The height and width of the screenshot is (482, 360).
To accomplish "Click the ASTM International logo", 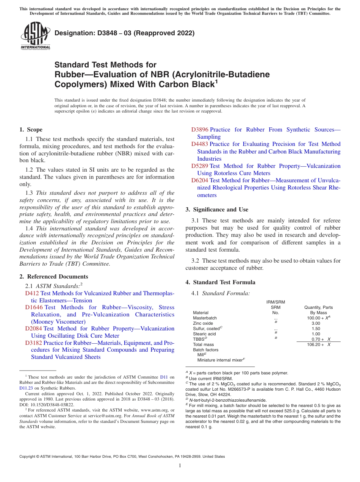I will pyautogui.click(x=35, y=36).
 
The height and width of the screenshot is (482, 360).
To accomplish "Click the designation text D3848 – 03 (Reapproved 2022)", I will pyautogui.click(x=125, y=33).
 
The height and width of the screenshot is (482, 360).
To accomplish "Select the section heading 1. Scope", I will pyautogui.click(x=31, y=130).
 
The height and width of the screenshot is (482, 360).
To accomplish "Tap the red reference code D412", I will pyautogui.click(x=32, y=293).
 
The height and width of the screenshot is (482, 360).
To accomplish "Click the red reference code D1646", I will pyautogui.click(x=34, y=307).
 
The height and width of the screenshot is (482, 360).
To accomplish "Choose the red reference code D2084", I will pyautogui.click(x=33, y=329).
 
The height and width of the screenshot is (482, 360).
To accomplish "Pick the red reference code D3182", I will pyautogui.click(x=33, y=343).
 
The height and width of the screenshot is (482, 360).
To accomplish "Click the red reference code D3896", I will pyautogui.click(x=200, y=130).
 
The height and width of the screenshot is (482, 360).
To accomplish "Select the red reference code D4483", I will pyautogui.click(x=199, y=144).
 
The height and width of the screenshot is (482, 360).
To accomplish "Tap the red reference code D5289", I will pyautogui.click(x=199, y=166).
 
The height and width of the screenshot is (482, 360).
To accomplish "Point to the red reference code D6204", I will pyautogui.click(x=199, y=181).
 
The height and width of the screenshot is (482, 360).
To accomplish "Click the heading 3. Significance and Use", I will pyautogui.click(x=217, y=210).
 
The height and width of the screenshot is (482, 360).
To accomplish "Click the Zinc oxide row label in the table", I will pyautogui.click(x=203, y=323).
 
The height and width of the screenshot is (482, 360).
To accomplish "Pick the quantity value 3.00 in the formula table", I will pyautogui.click(x=316, y=323).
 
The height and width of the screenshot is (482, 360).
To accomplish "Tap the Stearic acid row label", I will pyautogui.click(x=204, y=334).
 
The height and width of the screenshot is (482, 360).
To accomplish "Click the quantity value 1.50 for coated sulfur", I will pyautogui.click(x=316, y=329).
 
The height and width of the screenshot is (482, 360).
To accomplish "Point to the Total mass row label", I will pyautogui.click(x=203, y=344).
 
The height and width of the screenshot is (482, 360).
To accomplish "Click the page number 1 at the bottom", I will pyautogui.click(x=180, y=466).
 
